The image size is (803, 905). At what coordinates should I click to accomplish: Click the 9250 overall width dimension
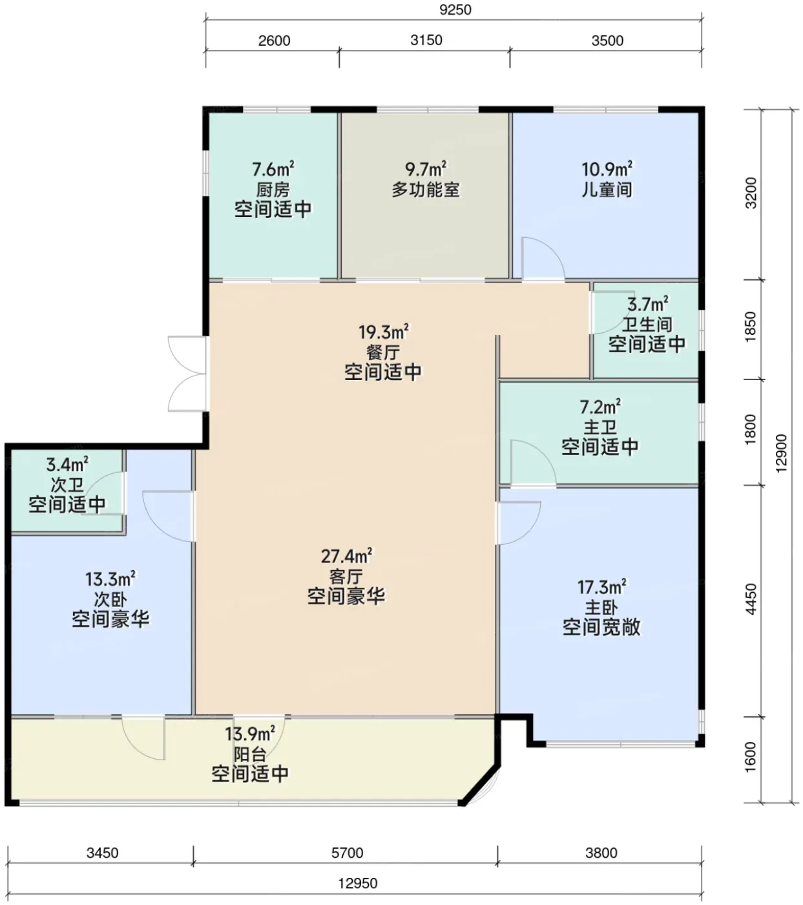click(x=455, y=10)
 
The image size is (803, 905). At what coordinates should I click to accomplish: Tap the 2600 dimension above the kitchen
click(x=274, y=41)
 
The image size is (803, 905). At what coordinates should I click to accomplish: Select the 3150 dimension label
click(x=426, y=40)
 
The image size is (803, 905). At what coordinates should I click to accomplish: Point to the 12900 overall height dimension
click(x=780, y=453)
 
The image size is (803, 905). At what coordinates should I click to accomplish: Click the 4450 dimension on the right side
click(x=751, y=599)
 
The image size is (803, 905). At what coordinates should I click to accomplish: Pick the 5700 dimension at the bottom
click(x=347, y=853)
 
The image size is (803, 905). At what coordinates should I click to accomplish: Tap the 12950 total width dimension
click(x=357, y=883)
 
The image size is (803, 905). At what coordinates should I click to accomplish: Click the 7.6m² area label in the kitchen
click(x=273, y=170)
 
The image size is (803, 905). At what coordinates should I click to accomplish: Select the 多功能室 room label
click(x=426, y=190)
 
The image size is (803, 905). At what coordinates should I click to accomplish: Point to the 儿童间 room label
click(x=607, y=190)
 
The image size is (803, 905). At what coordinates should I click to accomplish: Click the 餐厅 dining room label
click(x=383, y=352)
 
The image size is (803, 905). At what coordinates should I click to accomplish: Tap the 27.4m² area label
click(x=346, y=557)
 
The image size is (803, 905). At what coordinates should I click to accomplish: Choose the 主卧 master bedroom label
click(x=601, y=608)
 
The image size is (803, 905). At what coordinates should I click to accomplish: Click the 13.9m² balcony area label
click(x=249, y=734)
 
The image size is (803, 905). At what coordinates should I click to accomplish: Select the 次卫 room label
click(x=67, y=485)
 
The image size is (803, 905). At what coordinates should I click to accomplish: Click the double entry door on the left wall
click(x=187, y=374)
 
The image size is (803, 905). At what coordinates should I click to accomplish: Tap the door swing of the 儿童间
click(x=543, y=259)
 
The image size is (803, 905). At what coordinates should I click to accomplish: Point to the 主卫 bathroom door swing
click(x=534, y=462)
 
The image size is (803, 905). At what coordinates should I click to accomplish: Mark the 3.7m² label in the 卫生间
click(x=647, y=304)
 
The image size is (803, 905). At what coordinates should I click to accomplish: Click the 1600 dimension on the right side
click(x=751, y=757)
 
